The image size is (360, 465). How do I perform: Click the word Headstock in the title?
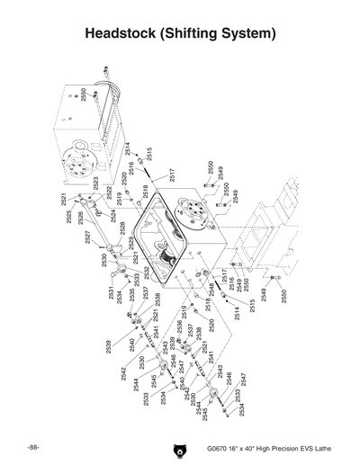click(x=127, y=35)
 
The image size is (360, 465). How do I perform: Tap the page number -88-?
click(x=32, y=448)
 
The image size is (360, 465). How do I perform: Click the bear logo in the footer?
click(x=177, y=450)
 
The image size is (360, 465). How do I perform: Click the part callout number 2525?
click(x=67, y=218)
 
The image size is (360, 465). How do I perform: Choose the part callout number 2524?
click(x=113, y=215)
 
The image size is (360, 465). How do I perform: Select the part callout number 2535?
click(x=131, y=294)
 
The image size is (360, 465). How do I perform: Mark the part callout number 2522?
click(x=109, y=192)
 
